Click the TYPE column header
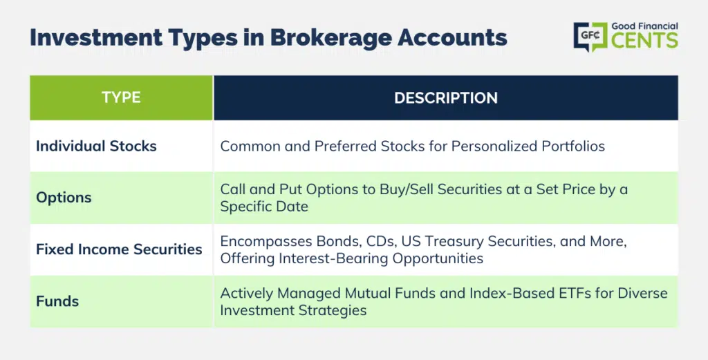coord(121,97)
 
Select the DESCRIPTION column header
coord(446,98)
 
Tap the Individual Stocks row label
coord(96,146)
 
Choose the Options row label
coord(64,198)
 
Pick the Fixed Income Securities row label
coord(119,249)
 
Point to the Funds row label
coord(57,301)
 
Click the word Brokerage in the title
coord(331,38)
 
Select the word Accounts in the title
coord(452,37)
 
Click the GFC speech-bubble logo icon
coord(590,36)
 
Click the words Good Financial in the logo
coord(645,26)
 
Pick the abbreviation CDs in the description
coord(382,242)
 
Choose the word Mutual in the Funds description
coord(366,293)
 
